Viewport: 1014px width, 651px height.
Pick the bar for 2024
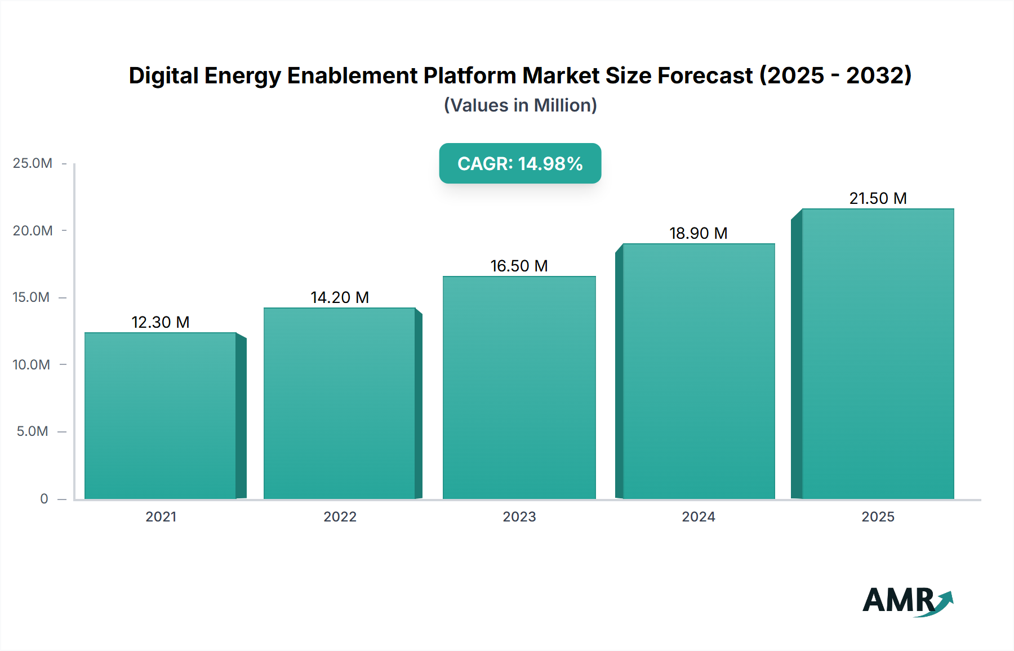pos(699,371)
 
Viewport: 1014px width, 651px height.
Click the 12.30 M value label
pos(161,322)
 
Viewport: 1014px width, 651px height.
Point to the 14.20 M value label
pos(340,297)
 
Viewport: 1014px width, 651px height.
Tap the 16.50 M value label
pos(519,266)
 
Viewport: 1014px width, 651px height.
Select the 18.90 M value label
pos(699,233)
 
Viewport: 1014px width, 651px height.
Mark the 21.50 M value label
pos(878,198)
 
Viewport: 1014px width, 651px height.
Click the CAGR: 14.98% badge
pos(520,163)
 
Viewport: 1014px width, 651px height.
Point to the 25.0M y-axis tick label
pos(33,163)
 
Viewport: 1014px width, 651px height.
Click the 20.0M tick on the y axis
pos(33,230)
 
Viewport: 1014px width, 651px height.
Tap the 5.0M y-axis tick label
pos(33,431)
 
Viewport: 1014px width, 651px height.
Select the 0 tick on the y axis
pos(44,498)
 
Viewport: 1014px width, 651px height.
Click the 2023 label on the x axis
pos(519,516)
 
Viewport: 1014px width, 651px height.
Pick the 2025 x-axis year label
pos(878,516)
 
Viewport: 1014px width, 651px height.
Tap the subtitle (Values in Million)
pos(520,105)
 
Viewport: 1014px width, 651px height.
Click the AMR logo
pos(908,601)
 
